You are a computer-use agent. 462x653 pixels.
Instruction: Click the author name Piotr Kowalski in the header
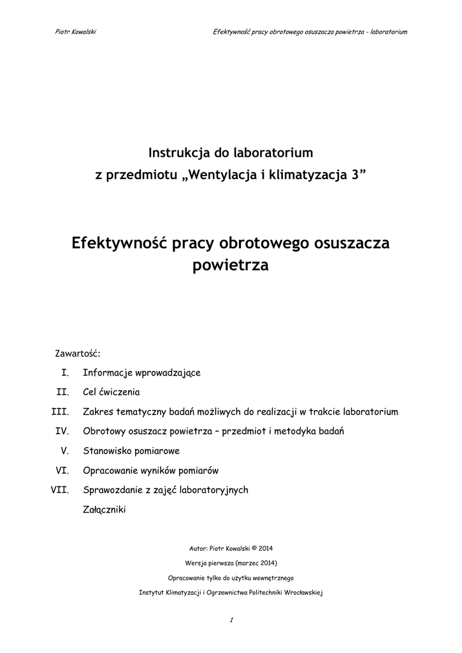(76, 31)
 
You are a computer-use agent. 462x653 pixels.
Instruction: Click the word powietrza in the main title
(231, 265)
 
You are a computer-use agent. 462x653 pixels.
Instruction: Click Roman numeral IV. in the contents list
(62, 432)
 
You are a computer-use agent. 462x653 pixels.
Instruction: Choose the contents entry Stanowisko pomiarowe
(131, 451)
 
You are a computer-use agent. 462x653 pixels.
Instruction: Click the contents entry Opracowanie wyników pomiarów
(151, 471)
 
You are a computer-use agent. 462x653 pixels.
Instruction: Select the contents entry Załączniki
(105, 510)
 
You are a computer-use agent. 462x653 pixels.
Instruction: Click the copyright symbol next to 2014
(254, 548)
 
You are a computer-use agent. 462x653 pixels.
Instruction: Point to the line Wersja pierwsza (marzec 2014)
(231, 563)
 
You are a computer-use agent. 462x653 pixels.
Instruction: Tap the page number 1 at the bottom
(232, 620)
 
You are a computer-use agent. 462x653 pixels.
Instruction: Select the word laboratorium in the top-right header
(388, 31)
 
